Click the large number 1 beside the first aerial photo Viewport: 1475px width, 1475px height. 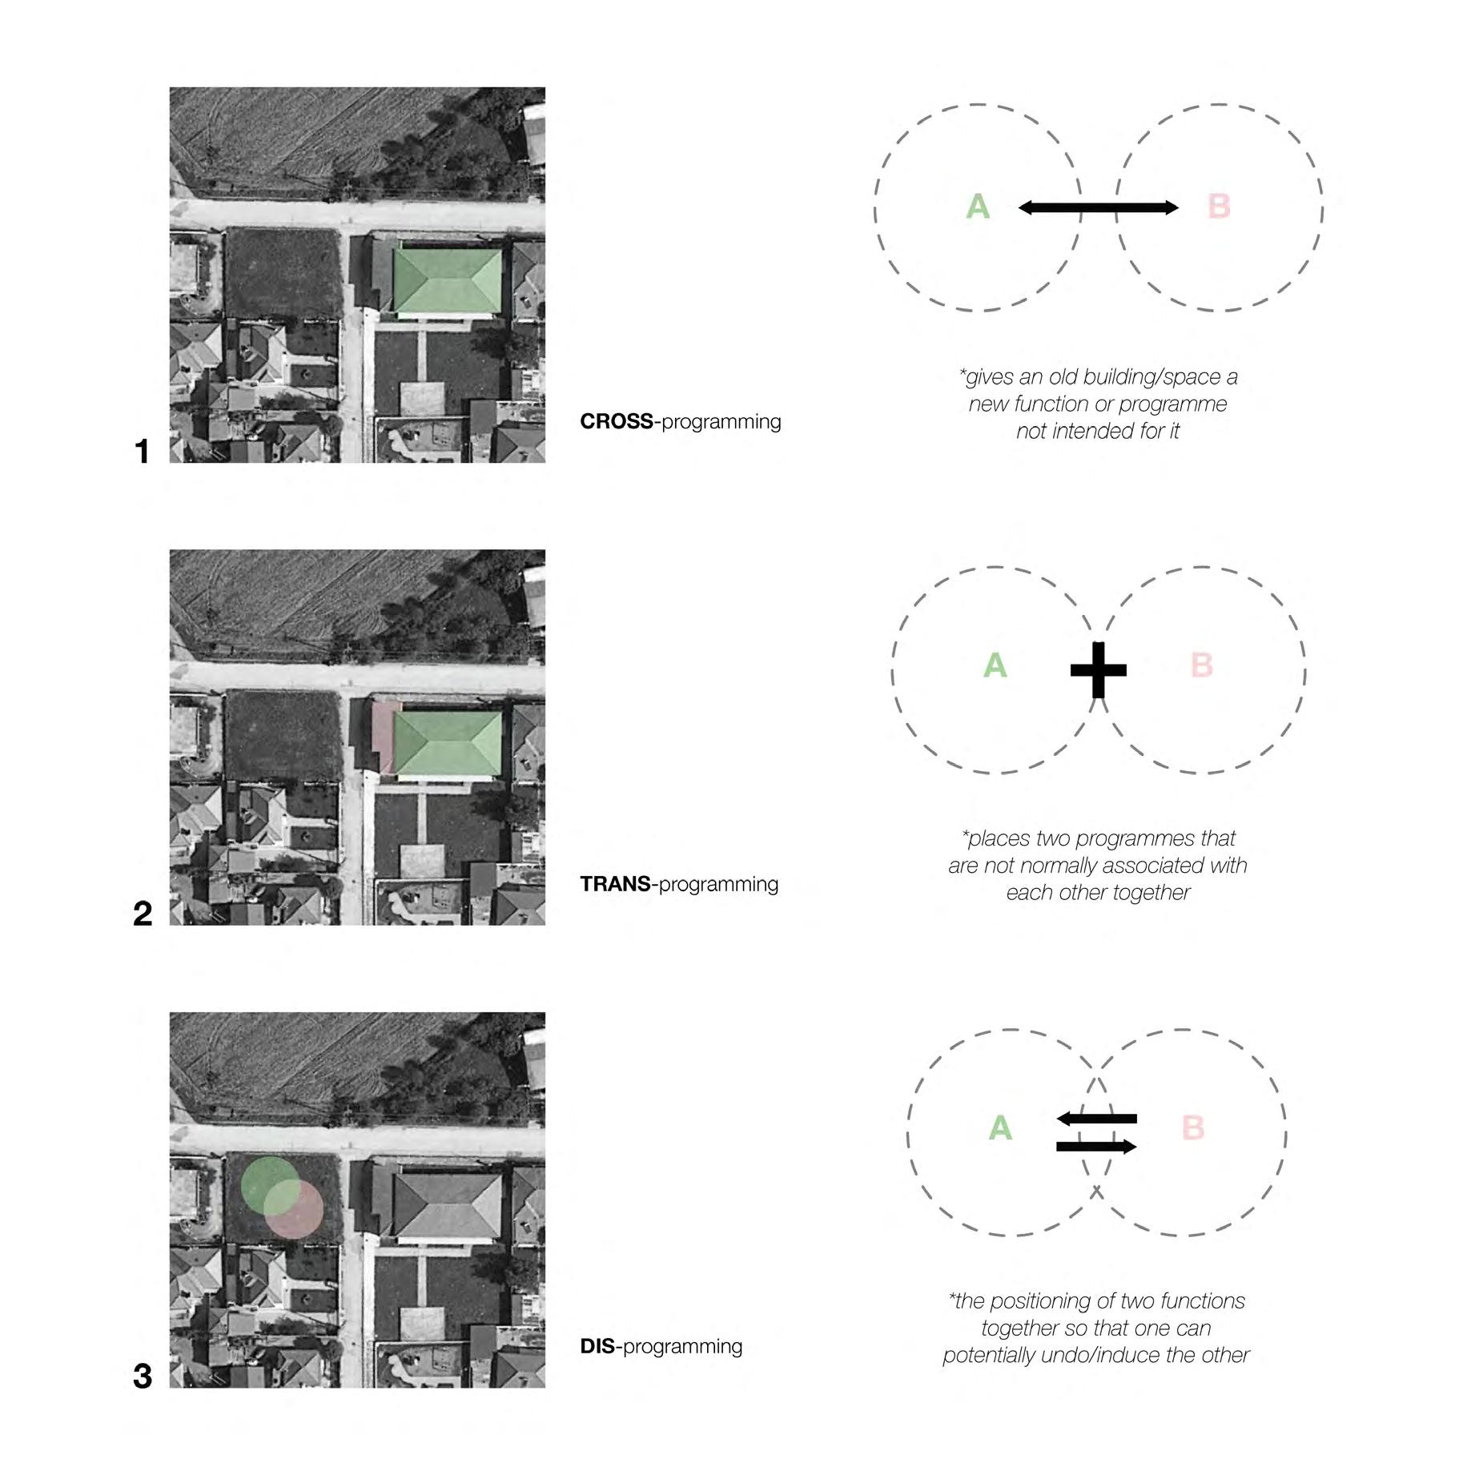[x=143, y=452]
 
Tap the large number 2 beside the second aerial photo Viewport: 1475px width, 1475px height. [x=143, y=914]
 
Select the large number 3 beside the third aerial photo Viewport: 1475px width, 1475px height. [x=143, y=1377]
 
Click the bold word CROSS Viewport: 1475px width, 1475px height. [x=616, y=421]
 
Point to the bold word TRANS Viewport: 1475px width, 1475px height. [x=615, y=884]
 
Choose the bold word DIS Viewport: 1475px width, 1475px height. [x=597, y=1346]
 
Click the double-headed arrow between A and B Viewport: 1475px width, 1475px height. [x=1098, y=208]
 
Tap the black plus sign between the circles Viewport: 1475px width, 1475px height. [x=1098, y=669]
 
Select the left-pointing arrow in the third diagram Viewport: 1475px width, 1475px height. [x=1096, y=1119]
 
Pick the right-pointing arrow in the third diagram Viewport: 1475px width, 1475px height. [x=1096, y=1147]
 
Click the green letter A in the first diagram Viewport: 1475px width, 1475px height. [x=978, y=207]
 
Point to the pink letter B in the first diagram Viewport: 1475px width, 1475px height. [x=1218, y=207]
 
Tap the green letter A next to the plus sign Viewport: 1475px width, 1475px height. [x=995, y=665]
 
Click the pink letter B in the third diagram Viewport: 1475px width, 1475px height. [x=1192, y=1127]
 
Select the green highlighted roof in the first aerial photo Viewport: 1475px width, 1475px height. [x=447, y=280]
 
